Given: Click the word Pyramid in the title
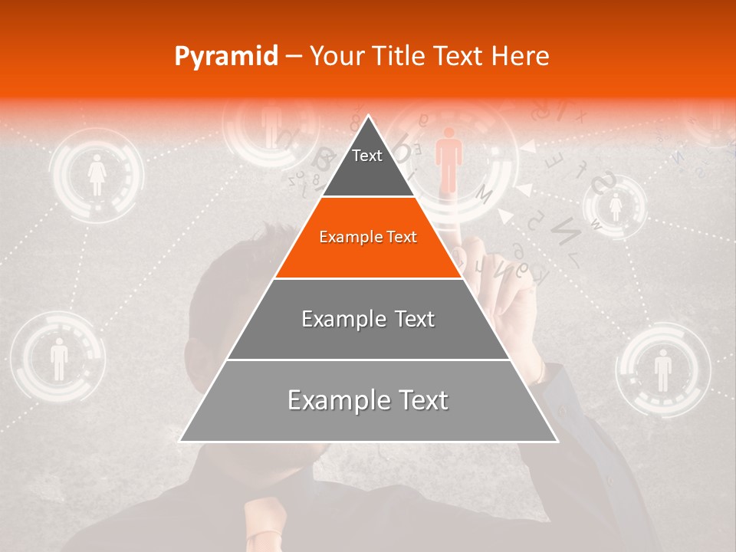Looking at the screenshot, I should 226,57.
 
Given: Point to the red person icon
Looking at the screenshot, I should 449,159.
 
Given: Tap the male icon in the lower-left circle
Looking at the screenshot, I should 59,359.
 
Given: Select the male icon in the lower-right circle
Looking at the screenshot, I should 663,370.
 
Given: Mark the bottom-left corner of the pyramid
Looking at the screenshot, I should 179,442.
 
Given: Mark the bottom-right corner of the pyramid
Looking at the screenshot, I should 557,442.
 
